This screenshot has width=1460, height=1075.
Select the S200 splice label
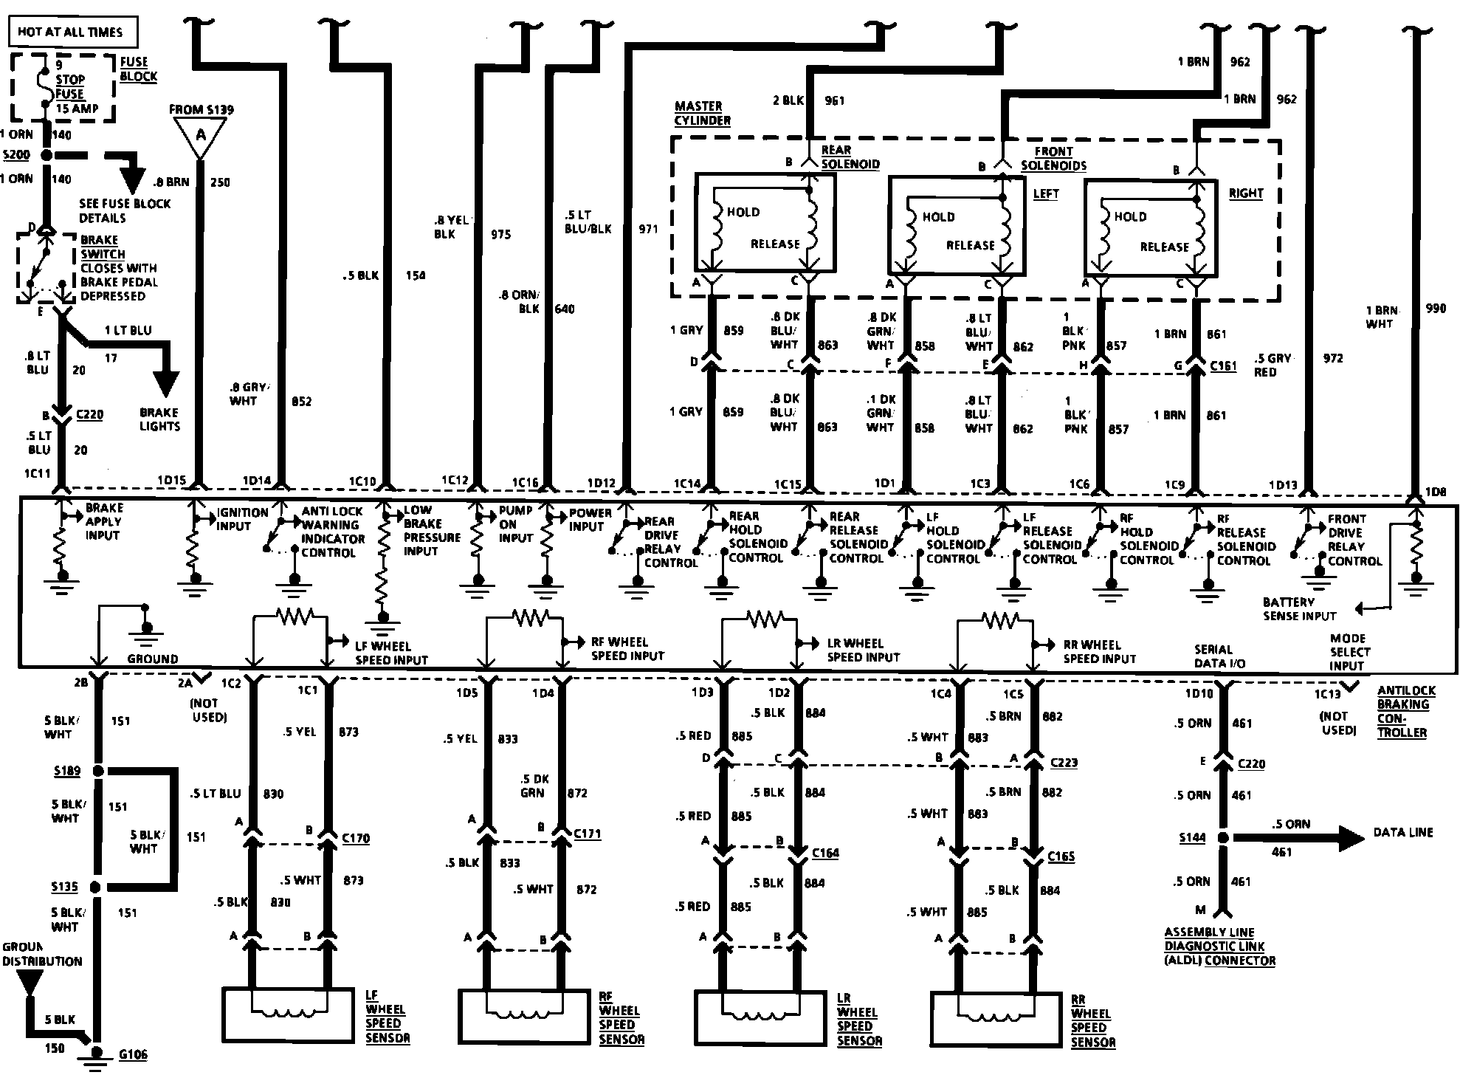pyautogui.click(x=16, y=156)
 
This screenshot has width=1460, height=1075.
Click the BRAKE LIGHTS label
pyautogui.click(x=159, y=419)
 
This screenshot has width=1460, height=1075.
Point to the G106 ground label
pyautogui.click(x=134, y=1054)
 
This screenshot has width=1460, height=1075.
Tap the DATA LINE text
pyautogui.click(x=1402, y=832)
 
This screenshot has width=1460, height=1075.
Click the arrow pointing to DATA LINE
pyautogui.click(x=1299, y=837)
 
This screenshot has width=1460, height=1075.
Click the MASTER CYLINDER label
pyautogui.click(x=702, y=113)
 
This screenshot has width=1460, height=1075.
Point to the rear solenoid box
pyautogui.click(x=765, y=222)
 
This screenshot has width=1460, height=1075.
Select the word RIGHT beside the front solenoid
pyautogui.click(x=1246, y=193)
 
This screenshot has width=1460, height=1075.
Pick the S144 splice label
pyautogui.click(x=1192, y=837)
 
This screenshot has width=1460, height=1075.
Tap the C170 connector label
pyautogui.click(x=356, y=838)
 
